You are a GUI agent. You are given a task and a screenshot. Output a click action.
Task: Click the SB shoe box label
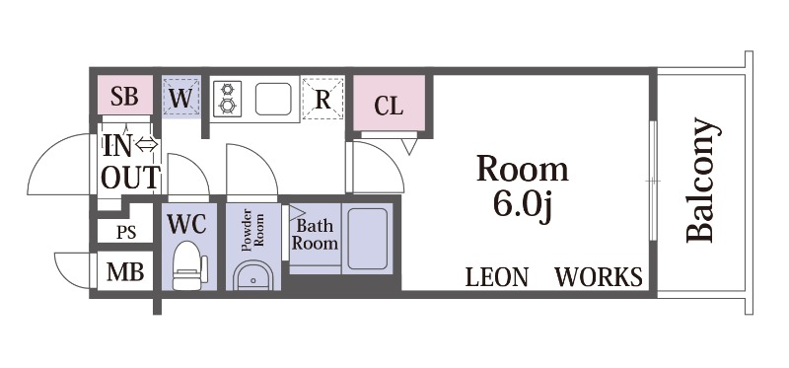(124, 96)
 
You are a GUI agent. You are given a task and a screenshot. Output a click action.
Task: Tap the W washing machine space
(181, 97)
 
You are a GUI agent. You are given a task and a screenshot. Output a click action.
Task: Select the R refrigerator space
(323, 99)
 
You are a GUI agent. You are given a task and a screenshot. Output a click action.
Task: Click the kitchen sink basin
(273, 100)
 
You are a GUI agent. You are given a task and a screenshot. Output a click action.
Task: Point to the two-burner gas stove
(227, 99)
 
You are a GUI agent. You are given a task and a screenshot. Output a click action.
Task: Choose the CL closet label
(389, 107)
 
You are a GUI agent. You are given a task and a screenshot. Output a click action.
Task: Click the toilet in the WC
(189, 265)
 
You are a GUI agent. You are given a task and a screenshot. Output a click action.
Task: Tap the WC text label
(186, 224)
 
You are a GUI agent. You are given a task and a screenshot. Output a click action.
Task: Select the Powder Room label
(252, 230)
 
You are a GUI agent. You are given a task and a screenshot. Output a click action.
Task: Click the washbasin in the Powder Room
(253, 276)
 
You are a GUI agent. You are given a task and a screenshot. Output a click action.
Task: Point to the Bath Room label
(315, 235)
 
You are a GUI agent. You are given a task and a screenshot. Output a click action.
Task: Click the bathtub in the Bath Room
(367, 239)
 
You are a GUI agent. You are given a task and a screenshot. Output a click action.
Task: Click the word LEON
(497, 277)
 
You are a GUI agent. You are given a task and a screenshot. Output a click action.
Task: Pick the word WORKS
(599, 277)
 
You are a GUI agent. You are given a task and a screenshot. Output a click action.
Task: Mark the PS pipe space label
(126, 233)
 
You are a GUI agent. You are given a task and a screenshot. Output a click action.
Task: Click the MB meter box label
(125, 272)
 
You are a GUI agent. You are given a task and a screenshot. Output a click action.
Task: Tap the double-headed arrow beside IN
(147, 145)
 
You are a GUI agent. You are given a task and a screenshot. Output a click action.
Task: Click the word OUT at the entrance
(131, 177)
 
